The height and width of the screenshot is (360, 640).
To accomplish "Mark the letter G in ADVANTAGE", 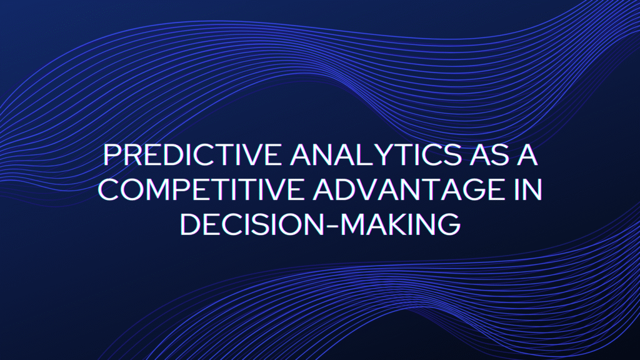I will click(470, 189).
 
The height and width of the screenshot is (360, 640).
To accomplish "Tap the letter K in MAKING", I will click(393, 224).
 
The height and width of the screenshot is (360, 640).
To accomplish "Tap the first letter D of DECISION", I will click(189, 224).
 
